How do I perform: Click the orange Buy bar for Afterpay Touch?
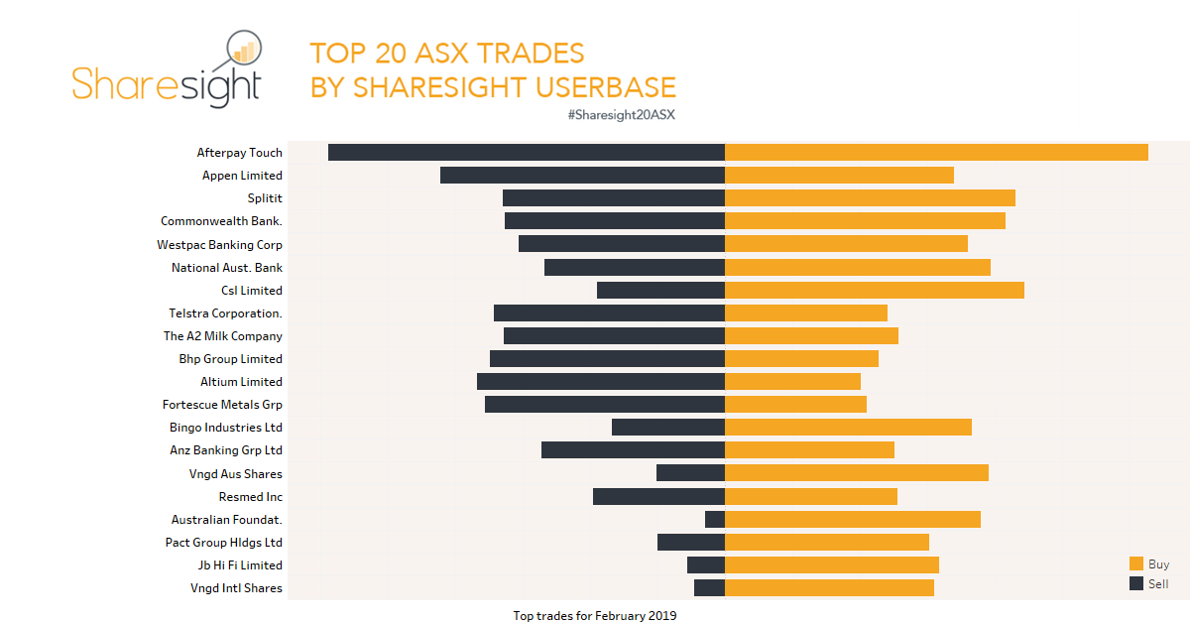(x=936, y=153)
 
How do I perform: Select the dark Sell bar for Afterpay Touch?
(x=527, y=153)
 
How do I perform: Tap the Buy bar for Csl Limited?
(x=874, y=291)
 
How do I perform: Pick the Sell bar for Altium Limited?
(x=601, y=382)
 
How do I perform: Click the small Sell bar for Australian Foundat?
(x=715, y=520)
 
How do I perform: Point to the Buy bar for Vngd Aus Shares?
(x=857, y=473)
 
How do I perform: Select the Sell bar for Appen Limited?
(x=582, y=176)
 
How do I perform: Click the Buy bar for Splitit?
(x=870, y=198)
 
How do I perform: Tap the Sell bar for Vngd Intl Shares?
(x=709, y=588)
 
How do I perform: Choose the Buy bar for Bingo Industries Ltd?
(x=848, y=428)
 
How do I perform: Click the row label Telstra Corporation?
(x=225, y=313)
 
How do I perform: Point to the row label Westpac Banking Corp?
(x=219, y=245)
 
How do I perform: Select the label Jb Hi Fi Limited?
(x=240, y=565)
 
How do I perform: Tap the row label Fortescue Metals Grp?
(x=222, y=405)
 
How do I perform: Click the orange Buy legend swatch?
(x=1136, y=563)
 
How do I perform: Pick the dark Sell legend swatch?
(x=1136, y=583)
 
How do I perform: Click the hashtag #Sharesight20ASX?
(x=621, y=115)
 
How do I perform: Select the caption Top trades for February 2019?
(x=594, y=616)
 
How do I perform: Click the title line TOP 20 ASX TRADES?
(x=446, y=54)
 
